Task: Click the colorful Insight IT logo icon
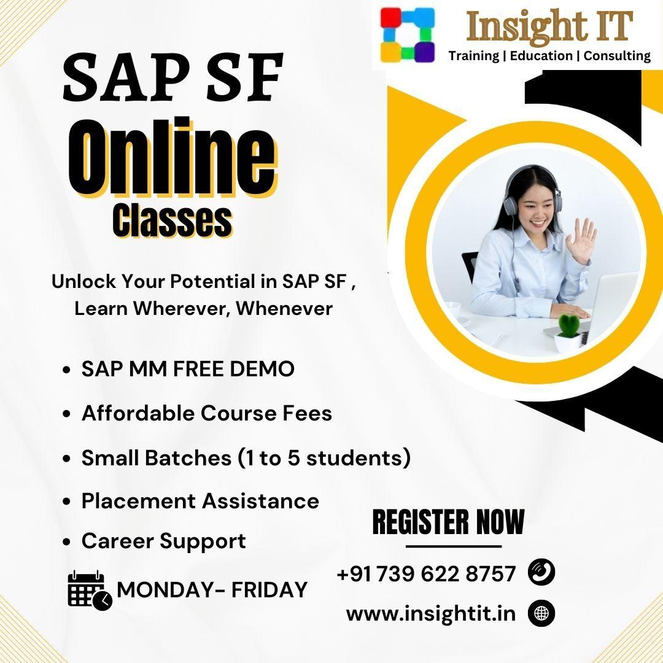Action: pyautogui.click(x=407, y=34)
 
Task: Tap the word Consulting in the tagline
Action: pyautogui.click(x=617, y=56)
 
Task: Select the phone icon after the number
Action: pyautogui.click(x=541, y=573)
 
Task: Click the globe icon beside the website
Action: pyautogui.click(x=541, y=613)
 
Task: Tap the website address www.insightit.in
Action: pyautogui.click(x=431, y=613)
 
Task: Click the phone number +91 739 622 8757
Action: pyautogui.click(x=426, y=574)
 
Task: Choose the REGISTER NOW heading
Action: pyautogui.click(x=448, y=522)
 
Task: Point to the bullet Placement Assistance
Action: pyautogui.click(x=200, y=501)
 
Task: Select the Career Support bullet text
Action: pyautogui.click(x=163, y=541)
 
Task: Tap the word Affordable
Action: pyautogui.click(x=138, y=413)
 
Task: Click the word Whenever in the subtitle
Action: pyautogui.click(x=284, y=308)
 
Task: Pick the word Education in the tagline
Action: pyautogui.click(x=541, y=56)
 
